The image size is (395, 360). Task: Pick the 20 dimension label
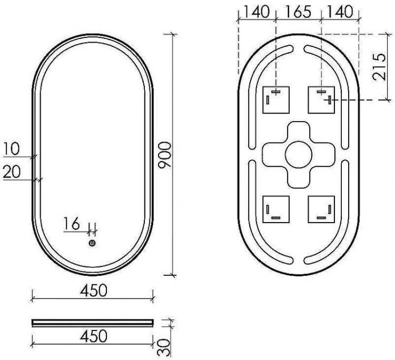(x=13, y=171)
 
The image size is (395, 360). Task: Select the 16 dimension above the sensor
(x=72, y=224)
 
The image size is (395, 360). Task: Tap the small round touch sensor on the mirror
(x=92, y=243)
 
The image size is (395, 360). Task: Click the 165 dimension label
(x=299, y=12)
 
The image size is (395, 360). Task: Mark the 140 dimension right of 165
(x=340, y=12)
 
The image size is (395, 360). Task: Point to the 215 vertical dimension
(x=378, y=67)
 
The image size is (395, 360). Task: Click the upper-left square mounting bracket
(x=276, y=99)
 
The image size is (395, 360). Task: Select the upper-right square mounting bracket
(x=321, y=99)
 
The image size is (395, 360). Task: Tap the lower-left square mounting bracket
(x=276, y=208)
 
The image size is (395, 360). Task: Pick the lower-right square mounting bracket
(x=321, y=208)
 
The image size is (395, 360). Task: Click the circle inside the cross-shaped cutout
(x=299, y=154)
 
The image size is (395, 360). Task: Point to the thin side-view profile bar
(x=93, y=322)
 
